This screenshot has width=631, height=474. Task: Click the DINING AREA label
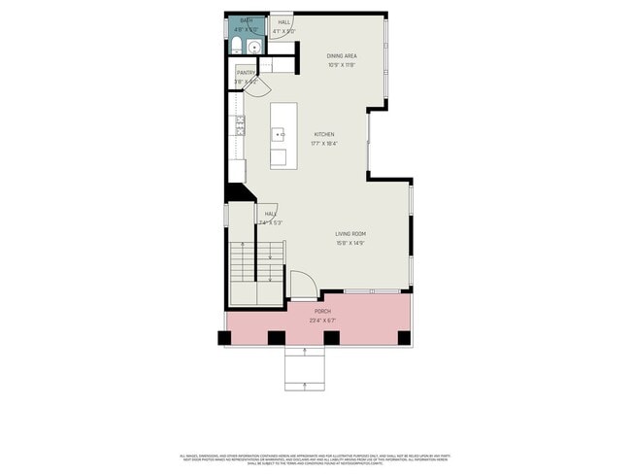pos(341,56)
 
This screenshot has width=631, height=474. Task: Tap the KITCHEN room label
pos(324,134)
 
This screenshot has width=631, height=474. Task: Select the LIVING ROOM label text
pos(350,234)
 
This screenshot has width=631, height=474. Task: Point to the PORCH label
pos(322,311)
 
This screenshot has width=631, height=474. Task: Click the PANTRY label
pos(246,72)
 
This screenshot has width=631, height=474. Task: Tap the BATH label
pos(247,21)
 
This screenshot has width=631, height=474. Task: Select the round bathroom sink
pos(254,46)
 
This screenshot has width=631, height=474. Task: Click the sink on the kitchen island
pos(280,132)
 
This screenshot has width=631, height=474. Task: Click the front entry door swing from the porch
pos(302,283)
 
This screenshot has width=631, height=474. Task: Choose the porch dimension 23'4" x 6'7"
pos(322,320)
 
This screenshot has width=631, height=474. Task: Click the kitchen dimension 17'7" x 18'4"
pos(324,144)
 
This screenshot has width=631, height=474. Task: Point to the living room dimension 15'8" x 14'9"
pos(350,243)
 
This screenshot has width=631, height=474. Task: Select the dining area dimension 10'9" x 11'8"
pos(341,65)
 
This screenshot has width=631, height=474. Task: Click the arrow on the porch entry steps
pos(307,387)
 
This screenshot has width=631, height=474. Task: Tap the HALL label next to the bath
pos(284,21)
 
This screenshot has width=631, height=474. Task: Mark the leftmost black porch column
pos(225,338)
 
